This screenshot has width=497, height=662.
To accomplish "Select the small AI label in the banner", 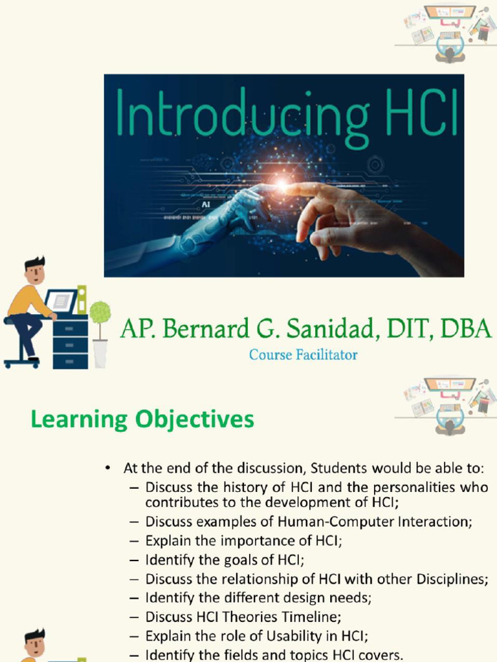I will tap(206, 204).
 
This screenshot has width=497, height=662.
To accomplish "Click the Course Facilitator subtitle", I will tap(304, 354).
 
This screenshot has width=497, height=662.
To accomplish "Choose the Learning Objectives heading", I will tap(142, 420).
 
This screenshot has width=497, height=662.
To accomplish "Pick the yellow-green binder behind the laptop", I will tap(82, 299).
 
